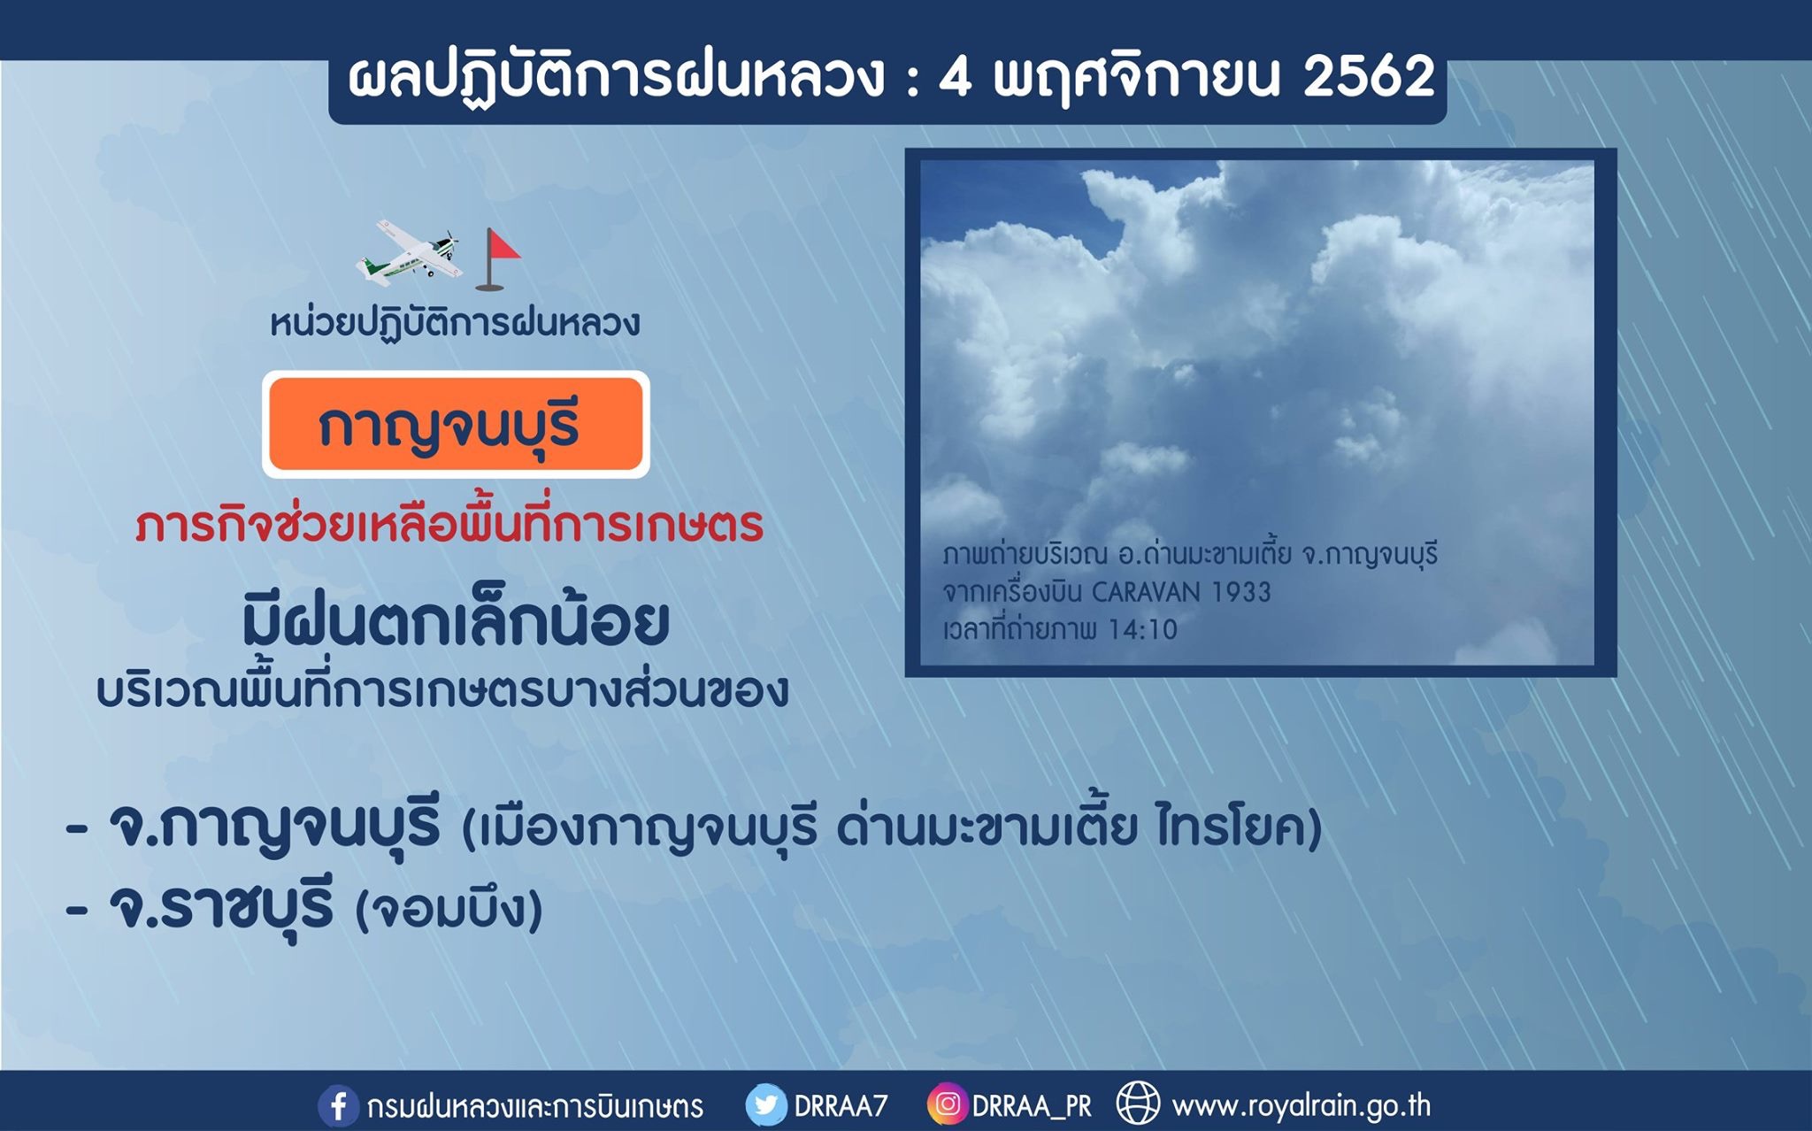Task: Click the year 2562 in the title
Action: tap(1369, 77)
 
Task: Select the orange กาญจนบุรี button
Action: tap(456, 425)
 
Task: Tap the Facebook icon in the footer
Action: tap(338, 1105)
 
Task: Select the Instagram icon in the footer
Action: tap(947, 1104)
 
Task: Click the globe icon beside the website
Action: tap(1138, 1104)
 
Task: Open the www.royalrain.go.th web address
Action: tap(1301, 1106)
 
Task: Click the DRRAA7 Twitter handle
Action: tap(841, 1106)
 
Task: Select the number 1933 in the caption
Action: tap(1241, 592)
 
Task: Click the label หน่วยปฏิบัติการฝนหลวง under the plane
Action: tap(455, 323)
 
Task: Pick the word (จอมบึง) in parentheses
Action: tap(449, 909)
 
